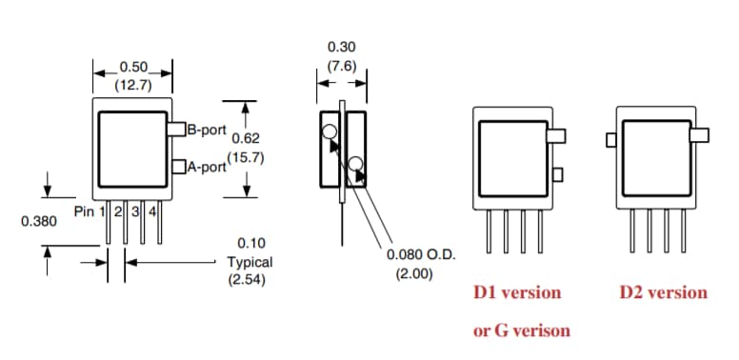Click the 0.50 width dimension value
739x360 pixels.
(x=132, y=69)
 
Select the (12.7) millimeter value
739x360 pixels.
(x=132, y=84)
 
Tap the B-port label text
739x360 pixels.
(x=205, y=128)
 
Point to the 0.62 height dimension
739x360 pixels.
(x=247, y=138)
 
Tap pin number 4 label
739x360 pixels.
(x=152, y=210)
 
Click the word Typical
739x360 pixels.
(x=250, y=262)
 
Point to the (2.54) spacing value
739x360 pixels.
(x=250, y=280)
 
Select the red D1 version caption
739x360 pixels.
(x=517, y=292)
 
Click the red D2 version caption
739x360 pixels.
(x=663, y=292)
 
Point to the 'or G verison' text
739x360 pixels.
(x=522, y=330)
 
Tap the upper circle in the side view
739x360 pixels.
(x=329, y=132)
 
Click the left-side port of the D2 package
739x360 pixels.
(x=610, y=141)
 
